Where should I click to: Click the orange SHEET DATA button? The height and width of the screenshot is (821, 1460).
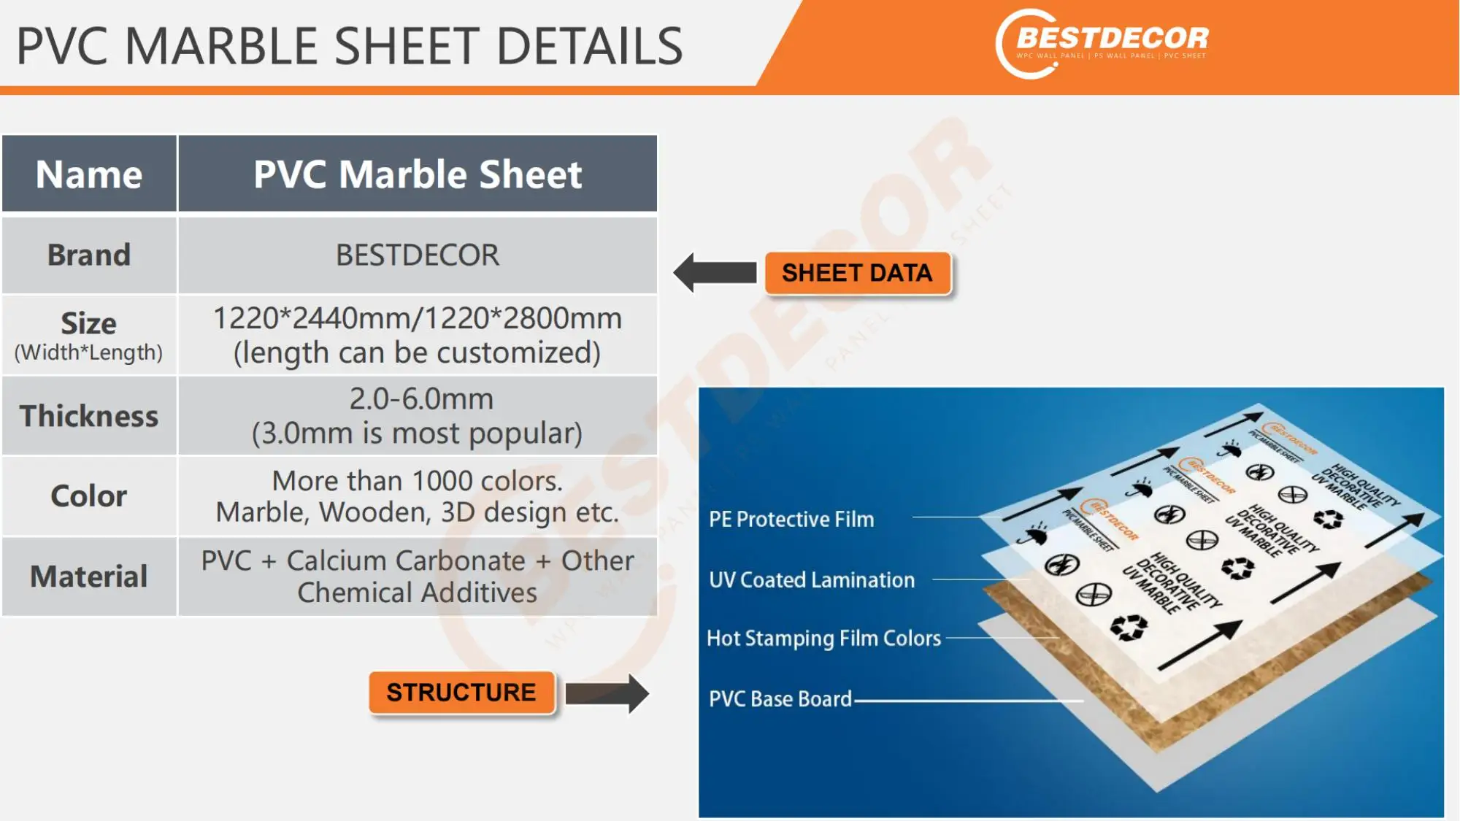(857, 273)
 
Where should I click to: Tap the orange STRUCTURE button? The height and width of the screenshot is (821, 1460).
(461, 692)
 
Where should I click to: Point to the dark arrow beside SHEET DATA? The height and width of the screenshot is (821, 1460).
(715, 273)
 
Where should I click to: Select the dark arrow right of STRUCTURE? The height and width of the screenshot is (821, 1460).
(607, 693)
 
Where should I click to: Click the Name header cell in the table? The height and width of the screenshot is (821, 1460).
(89, 174)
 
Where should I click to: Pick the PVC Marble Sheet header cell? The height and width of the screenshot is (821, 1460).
(418, 174)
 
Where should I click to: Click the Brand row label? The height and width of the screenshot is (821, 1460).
(89, 255)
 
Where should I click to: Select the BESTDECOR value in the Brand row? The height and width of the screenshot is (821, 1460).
(418, 255)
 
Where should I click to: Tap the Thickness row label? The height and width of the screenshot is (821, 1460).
(89, 416)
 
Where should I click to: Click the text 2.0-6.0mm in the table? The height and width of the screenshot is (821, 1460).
(421, 399)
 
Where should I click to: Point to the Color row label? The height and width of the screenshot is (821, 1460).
(89, 496)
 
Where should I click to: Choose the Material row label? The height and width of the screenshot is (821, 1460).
(89, 577)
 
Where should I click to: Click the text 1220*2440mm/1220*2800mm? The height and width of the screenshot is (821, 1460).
(418, 319)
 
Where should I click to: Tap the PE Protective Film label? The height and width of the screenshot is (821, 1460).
(791, 519)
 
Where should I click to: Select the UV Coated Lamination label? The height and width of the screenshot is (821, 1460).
(812, 579)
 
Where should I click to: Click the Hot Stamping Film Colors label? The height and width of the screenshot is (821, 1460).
(823, 638)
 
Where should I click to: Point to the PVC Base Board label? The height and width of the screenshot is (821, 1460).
(780, 698)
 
